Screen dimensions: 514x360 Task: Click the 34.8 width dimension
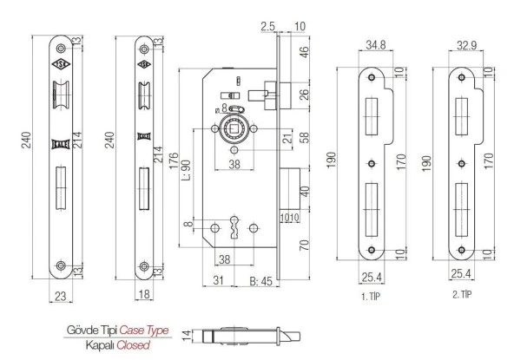pyautogui.click(x=376, y=45)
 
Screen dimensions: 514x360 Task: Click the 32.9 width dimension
pyautogui.click(x=467, y=45)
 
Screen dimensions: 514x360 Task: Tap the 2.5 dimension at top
pyautogui.click(x=267, y=26)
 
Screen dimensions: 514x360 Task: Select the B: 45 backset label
pyautogui.click(x=261, y=281)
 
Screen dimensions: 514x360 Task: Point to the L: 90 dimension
pyautogui.click(x=186, y=170)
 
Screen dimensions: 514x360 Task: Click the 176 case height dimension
pyautogui.click(x=174, y=160)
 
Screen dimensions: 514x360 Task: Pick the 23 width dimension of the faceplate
pyautogui.click(x=60, y=296)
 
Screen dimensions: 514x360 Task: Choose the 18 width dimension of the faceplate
pyautogui.click(x=144, y=294)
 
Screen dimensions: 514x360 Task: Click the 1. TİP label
pyautogui.click(x=371, y=297)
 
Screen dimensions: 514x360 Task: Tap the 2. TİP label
pyautogui.click(x=462, y=294)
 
